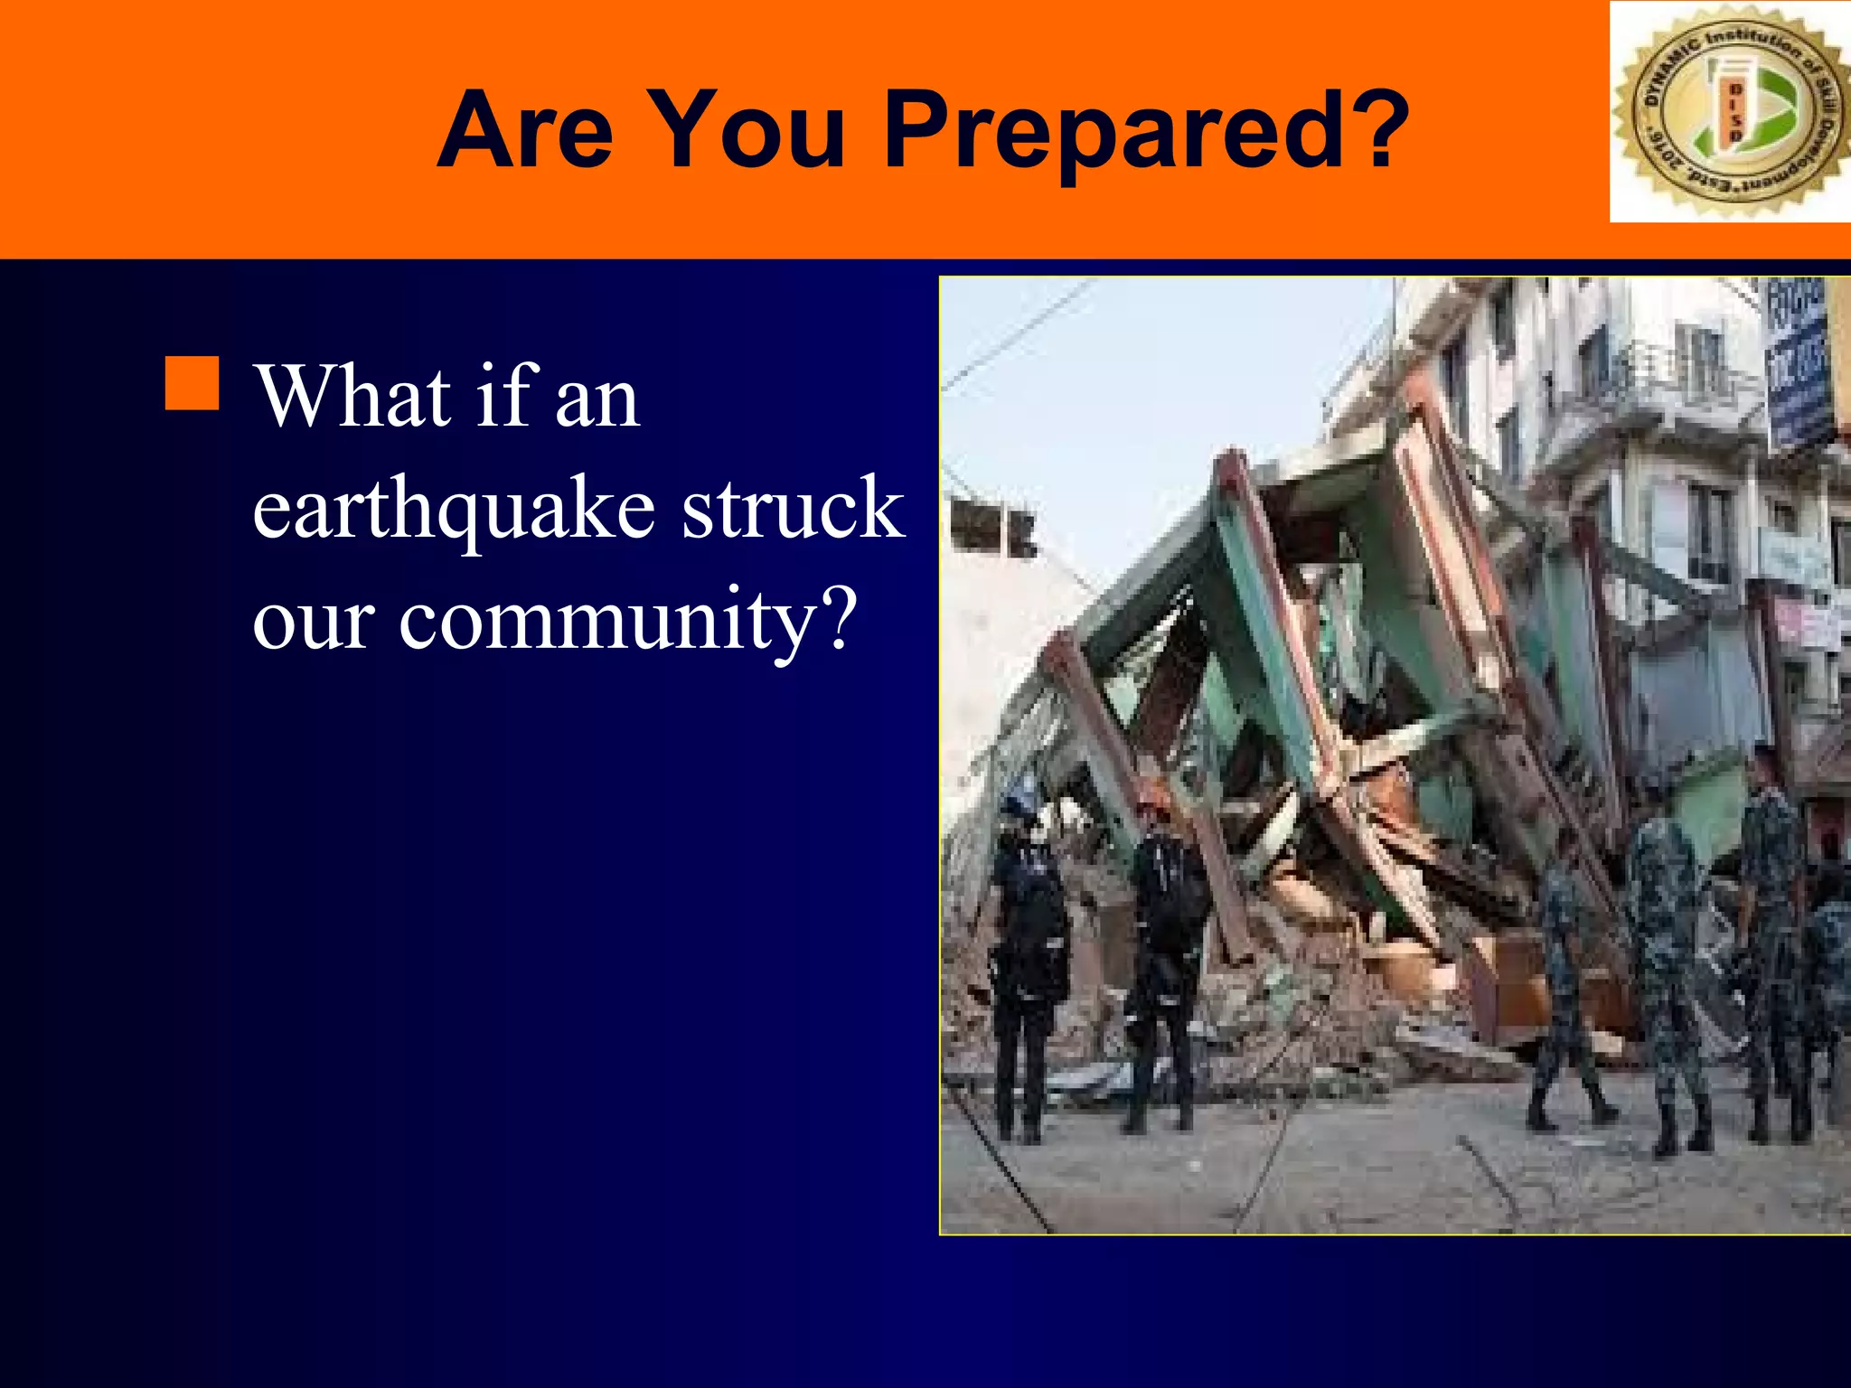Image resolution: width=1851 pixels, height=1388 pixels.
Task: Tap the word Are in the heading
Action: pyautogui.click(x=525, y=131)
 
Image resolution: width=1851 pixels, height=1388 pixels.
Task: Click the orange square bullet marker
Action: pyautogui.click(x=192, y=383)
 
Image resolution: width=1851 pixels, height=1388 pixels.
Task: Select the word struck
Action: pyautogui.click(x=793, y=508)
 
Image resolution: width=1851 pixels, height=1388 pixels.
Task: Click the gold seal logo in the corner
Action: pyautogui.click(x=1730, y=111)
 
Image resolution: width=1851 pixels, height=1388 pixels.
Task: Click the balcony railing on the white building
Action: pyautogui.click(x=1672, y=380)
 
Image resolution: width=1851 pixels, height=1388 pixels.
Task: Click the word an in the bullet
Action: pyautogui.click(x=597, y=400)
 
